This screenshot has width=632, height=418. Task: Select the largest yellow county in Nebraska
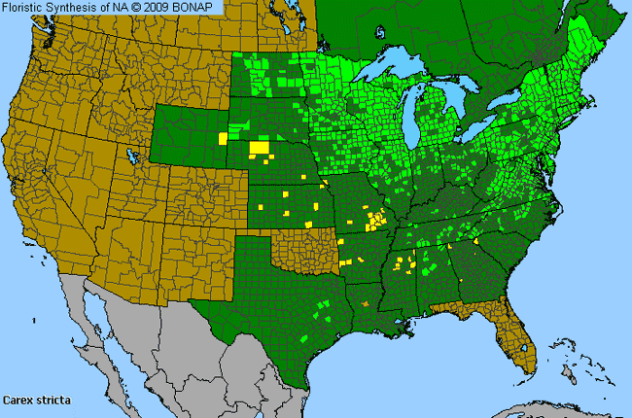click(259, 148)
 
